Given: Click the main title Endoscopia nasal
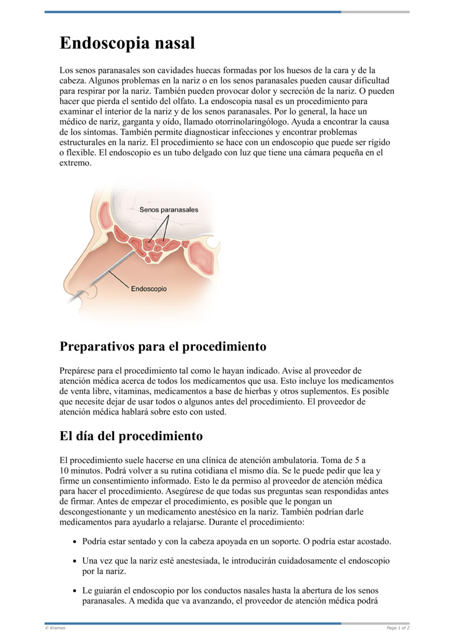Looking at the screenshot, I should coord(127,43).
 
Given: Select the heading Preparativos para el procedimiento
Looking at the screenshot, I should coord(163,346).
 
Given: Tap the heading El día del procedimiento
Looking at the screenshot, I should coord(131,436).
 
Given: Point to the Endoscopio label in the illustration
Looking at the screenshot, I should coord(149,289).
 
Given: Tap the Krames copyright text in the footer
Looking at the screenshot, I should coord(55,628).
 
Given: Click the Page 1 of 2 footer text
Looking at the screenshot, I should coord(398,628).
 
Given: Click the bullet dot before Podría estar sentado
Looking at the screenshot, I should coord(74,542).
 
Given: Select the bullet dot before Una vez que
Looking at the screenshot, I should coord(74,561).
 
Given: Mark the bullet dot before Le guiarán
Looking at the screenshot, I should coord(74,591).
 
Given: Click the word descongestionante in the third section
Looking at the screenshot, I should coord(93,512).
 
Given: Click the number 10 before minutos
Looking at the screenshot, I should coord(64,471).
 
